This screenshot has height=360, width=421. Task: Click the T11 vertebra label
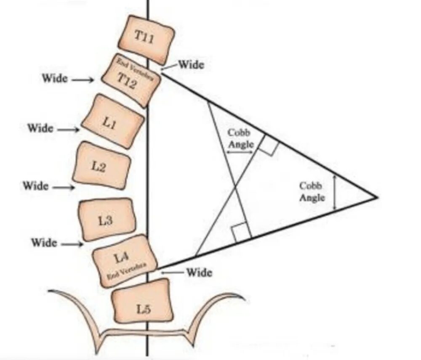click(x=144, y=36)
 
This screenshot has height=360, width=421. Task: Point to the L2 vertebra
click(x=101, y=167)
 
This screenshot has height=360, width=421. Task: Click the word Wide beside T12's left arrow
click(x=55, y=78)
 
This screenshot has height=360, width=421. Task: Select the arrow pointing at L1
click(x=68, y=130)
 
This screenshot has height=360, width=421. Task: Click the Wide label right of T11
click(x=191, y=64)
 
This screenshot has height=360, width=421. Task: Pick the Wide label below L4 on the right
click(x=199, y=272)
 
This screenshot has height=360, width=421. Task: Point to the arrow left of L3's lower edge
click(x=71, y=244)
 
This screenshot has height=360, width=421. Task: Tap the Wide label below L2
click(x=35, y=185)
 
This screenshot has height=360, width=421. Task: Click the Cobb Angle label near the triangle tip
click(x=312, y=191)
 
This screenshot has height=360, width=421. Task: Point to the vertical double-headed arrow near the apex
click(x=335, y=193)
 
